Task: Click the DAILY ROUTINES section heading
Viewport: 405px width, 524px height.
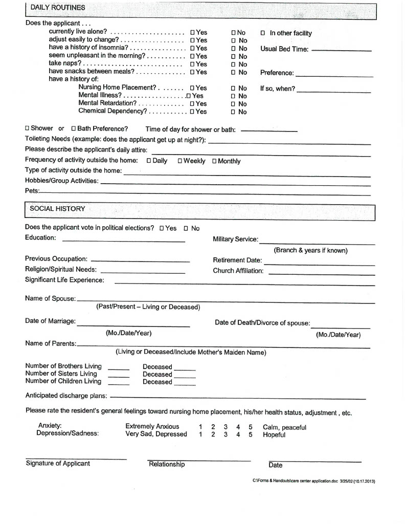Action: pos(58,8)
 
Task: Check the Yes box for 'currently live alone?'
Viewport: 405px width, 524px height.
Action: pos(192,32)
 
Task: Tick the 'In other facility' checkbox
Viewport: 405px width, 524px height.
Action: pos(263,33)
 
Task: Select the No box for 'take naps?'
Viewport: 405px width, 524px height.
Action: pos(234,64)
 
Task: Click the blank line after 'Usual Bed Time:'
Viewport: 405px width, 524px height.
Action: pos(341,50)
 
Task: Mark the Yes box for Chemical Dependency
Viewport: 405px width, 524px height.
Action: pos(192,112)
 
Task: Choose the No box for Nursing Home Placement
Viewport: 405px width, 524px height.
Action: pos(234,88)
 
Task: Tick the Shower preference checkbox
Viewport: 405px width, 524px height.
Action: pos(27,128)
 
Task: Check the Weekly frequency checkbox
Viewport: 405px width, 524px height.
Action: pos(180,161)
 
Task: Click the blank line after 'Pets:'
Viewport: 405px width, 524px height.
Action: pos(205,192)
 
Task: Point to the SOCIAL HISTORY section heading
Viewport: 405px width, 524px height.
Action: pos(57,209)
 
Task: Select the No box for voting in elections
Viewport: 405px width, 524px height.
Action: pos(186,228)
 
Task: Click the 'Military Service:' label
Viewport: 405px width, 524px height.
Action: pos(235,239)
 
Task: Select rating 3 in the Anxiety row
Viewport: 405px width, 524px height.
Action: pos(225,427)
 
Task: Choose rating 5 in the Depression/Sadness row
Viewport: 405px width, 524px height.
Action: pos(251,434)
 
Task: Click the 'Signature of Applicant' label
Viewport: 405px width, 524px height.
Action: pos(58,464)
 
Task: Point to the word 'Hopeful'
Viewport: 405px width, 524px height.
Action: pos(274,434)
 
